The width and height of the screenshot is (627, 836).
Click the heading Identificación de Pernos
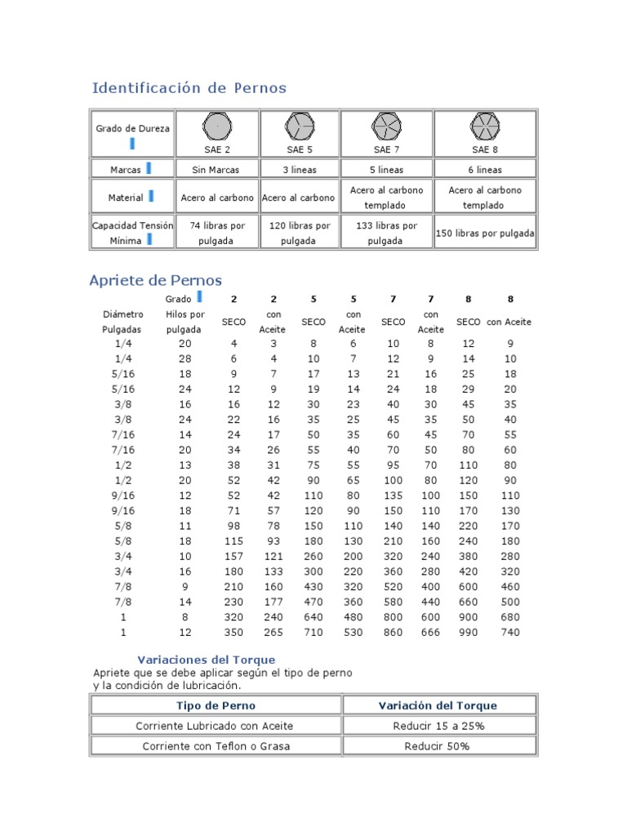pyautogui.click(x=189, y=88)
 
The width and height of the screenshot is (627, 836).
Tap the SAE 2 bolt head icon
pyautogui.click(x=216, y=127)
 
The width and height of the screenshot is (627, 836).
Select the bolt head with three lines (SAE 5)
pyautogui.click(x=299, y=127)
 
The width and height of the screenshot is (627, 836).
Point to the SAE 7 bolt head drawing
pyautogui.click(x=385, y=127)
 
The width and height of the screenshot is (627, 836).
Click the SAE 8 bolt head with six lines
pyautogui.click(x=485, y=127)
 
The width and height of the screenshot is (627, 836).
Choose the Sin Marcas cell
pyautogui.click(x=216, y=170)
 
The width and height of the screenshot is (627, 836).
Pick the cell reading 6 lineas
pyautogui.click(x=485, y=170)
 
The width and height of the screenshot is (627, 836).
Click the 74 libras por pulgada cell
pyautogui.click(x=216, y=233)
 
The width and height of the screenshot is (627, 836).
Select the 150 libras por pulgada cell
pyautogui.click(x=485, y=233)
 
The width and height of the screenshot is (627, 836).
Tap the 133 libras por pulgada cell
pyautogui.click(x=385, y=233)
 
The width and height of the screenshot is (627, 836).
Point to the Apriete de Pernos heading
pyautogui.click(x=155, y=281)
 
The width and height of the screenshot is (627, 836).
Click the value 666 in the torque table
pyautogui.click(x=430, y=633)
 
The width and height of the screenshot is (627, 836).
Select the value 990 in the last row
pyautogui.click(x=468, y=633)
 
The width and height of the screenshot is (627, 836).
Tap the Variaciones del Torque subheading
pyautogui.click(x=206, y=660)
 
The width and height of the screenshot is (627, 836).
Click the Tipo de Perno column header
pyautogui.click(x=216, y=705)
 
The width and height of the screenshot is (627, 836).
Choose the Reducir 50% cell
pyautogui.click(x=438, y=746)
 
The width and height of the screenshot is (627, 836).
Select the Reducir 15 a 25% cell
pyautogui.click(x=438, y=726)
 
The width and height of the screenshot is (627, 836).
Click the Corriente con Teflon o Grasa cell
pyautogui.click(x=216, y=746)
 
